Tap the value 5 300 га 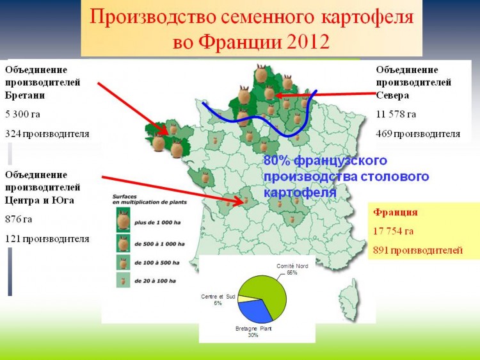click(22, 114)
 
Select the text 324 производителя click(47, 134)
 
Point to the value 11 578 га click(396, 114)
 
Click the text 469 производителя click(418, 134)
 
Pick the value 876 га click(19, 219)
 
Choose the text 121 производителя click(47, 239)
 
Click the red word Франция click(396, 212)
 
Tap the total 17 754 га click(394, 231)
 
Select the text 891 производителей click(418, 250)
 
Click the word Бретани click(25, 95)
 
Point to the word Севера click(392, 95)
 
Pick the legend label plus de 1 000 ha click(157, 223)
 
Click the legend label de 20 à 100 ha click(156, 281)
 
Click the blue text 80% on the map click(276, 161)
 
